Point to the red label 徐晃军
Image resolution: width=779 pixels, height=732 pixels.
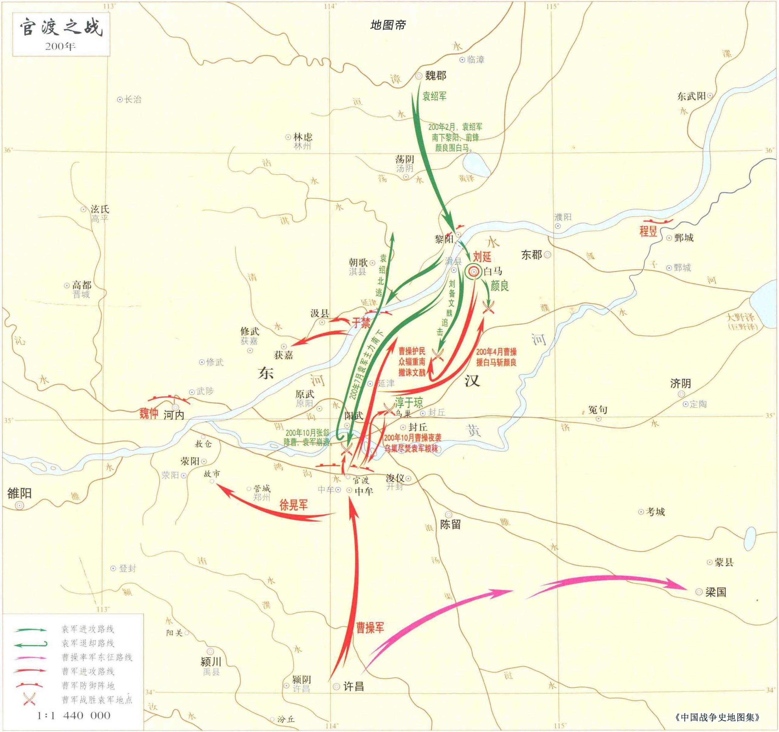click(293, 505)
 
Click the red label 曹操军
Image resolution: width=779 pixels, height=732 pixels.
click(370, 627)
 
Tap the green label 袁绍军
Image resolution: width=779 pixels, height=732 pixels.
click(434, 96)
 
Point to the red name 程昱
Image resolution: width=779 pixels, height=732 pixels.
click(648, 231)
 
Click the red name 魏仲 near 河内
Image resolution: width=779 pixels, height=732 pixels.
click(149, 413)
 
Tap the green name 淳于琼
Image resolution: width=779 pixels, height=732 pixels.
click(409, 402)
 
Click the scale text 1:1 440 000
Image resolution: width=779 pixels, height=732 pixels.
click(74, 715)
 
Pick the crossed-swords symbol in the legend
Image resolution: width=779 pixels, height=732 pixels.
click(30, 699)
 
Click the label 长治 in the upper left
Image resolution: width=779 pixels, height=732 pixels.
click(132, 99)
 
